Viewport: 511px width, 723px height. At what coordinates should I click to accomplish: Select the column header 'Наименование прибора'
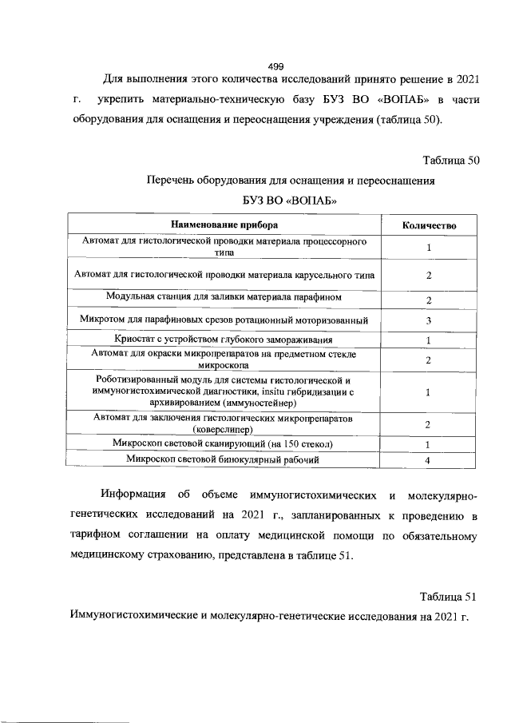pos(224,225)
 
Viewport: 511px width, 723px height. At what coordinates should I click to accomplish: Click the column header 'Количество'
pos(429,225)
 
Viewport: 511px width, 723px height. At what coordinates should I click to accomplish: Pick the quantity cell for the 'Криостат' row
pos(429,341)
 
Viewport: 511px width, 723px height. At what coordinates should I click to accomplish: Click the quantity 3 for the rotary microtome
pos(429,321)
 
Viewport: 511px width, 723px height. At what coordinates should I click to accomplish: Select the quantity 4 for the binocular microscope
pos(429,460)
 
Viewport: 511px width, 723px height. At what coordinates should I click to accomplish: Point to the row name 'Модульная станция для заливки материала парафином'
pos(224,297)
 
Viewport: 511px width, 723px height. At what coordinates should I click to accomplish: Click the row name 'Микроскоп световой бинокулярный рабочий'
pos(224,459)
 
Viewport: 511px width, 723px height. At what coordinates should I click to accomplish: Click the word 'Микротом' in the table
pos(103,320)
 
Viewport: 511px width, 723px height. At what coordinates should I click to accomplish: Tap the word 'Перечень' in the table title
pos(172,181)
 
